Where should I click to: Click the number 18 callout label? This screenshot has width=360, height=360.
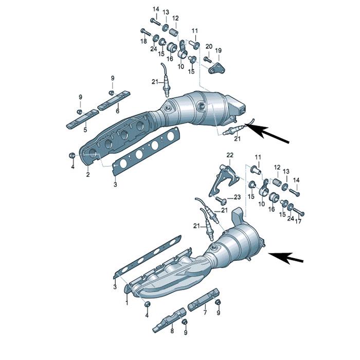(x=143, y=41)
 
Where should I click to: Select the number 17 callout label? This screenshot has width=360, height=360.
(x=298, y=222)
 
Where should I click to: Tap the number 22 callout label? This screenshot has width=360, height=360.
(x=230, y=155)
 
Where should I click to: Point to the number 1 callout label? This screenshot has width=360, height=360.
(x=127, y=303)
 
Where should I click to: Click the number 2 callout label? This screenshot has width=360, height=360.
(x=88, y=175)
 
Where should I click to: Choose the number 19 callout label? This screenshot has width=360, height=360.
(x=219, y=50)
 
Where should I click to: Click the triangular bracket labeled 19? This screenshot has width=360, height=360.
(x=217, y=68)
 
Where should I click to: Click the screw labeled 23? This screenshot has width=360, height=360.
(x=221, y=201)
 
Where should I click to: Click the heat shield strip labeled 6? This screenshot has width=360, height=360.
(x=114, y=100)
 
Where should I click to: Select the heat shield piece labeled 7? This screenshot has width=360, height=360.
(x=203, y=300)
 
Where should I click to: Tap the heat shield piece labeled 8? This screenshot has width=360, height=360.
(x=170, y=320)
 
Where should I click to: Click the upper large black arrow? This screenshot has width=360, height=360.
(x=266, y=133)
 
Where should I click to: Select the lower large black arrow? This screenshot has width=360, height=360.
(x=286, y=258)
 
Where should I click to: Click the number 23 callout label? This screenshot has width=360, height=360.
(x=237, y=197)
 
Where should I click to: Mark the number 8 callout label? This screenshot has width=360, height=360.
(x=172, y=331)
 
